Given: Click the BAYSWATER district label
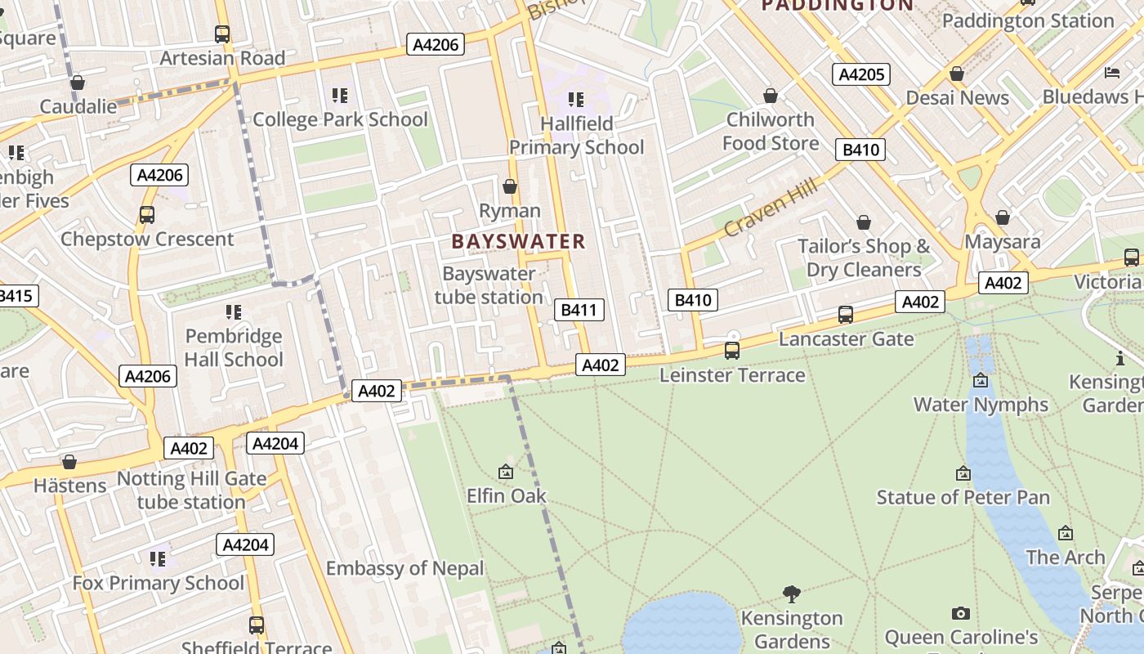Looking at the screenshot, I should coord(518,241).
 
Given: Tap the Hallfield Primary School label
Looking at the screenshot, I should coord(577,136).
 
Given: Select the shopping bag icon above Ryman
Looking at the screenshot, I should coord(510,187).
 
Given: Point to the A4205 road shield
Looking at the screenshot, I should coord(861,74).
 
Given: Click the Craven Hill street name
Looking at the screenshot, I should coord(771,210).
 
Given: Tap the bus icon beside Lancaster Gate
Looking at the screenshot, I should coord(846,315).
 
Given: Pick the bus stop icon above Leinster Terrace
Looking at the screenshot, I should coord(732,351).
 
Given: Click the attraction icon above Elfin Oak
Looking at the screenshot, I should coord(506,472).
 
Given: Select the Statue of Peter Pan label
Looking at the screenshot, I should coord(963,497).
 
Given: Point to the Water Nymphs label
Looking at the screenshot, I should coord(981,405).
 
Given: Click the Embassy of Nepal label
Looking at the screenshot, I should coord(404,568).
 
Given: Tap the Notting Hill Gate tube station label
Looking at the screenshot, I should coord(191,490).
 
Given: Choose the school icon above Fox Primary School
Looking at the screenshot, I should coord(158,559).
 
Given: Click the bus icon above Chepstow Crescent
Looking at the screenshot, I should coord(147,215).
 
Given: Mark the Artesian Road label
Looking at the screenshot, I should coord(222,58).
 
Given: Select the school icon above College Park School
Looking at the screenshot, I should coord(340,96).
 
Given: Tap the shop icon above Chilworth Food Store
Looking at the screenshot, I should coord(770,96).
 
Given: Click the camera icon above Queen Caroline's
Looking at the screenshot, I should coord(961,613).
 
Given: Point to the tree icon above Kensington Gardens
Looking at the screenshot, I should coord(791,594).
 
